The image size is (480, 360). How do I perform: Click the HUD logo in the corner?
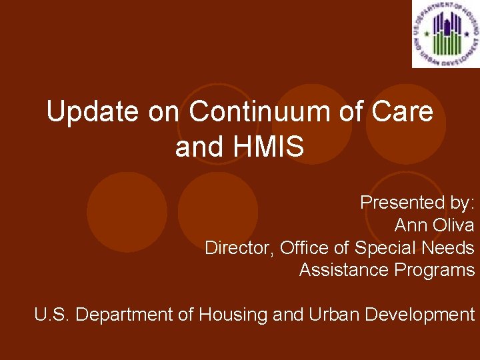(x=445, y=34)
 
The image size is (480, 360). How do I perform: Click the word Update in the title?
(x=93, y=112)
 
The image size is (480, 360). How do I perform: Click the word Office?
(x=304, y=248)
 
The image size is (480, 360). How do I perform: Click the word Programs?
(x=434, y=270)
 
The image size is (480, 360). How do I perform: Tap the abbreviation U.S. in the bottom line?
(x=52, y=314)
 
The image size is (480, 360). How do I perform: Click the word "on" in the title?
(x=163, y=112)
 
